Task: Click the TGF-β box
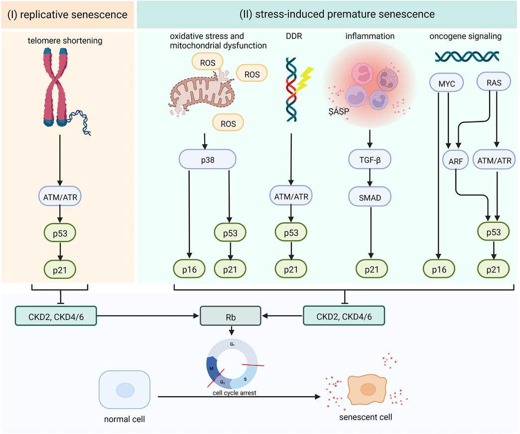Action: tap(369, 160)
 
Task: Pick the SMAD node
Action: tap(369, 198)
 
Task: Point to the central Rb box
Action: tap(231, 315)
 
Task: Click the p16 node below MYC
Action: tap(439, 270)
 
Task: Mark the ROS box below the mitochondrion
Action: tap(227, 122)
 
